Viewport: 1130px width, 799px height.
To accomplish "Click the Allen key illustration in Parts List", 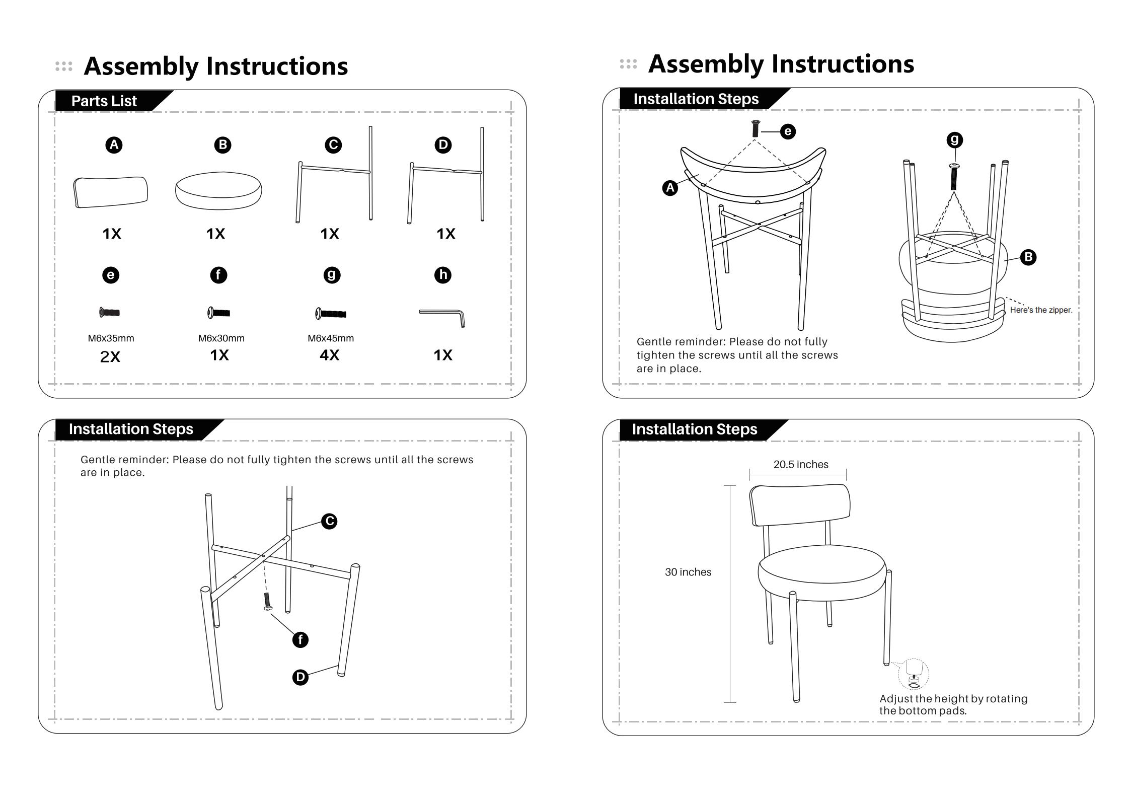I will (x=442, y=317).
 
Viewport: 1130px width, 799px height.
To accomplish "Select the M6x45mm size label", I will (x=331, y=338).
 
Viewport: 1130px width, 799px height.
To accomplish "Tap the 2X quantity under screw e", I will (x=110, y=356).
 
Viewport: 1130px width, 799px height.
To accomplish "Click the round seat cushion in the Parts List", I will (x=218, y=191).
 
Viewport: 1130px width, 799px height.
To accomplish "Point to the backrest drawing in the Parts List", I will (x=111, y=192).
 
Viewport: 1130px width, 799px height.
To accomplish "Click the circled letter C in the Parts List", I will (x=333, y=145).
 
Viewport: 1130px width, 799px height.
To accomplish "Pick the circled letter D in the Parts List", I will (x=443, y=145).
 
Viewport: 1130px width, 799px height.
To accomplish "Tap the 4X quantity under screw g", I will (x=330, y=355).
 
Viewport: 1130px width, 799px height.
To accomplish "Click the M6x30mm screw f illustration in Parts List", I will (x=219, y=313).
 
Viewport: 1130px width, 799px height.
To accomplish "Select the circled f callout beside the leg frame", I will (x=300, y=640).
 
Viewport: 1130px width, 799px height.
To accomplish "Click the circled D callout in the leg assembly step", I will (x=300, y=677).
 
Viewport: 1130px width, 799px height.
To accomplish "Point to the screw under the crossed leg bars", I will (x=267, y=601).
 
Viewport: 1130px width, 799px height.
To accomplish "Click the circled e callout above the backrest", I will (x=788, y=131).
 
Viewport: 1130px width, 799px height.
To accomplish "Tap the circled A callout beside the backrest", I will (x=670, y=188).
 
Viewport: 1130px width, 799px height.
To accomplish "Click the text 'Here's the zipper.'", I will (x=1041, y=310).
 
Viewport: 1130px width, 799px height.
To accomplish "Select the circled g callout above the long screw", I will (x=954, y=139).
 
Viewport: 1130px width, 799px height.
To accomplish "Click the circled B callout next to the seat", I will (x=1028, y=257).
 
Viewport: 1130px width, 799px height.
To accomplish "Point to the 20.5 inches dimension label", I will (x=801, y=464).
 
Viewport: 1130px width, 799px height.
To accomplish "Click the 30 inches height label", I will (x=688, y=572).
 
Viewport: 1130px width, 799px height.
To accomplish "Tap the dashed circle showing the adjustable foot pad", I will (x=913, y=674).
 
